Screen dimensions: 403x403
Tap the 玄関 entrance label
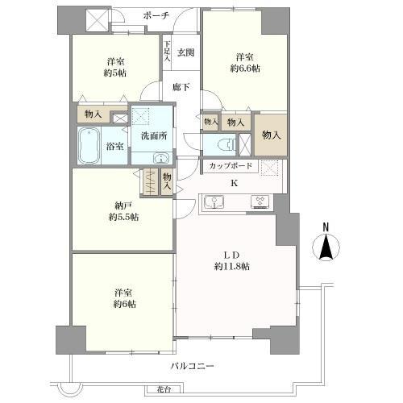(x=185, y=52)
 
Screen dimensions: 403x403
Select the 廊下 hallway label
(x=180, y=87)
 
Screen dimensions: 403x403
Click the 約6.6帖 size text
(x=245, y=70)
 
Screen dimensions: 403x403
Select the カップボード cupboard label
(x=231, y=166)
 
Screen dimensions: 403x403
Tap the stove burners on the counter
(x=260, y=201)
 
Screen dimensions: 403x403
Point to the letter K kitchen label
(x=235, y=183)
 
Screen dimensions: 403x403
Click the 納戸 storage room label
(x=123, y=204)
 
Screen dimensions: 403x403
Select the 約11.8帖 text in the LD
(x=231, y=266)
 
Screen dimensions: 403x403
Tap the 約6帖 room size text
(x=123, y=304)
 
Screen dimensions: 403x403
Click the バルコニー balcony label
(x=192, y=366)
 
